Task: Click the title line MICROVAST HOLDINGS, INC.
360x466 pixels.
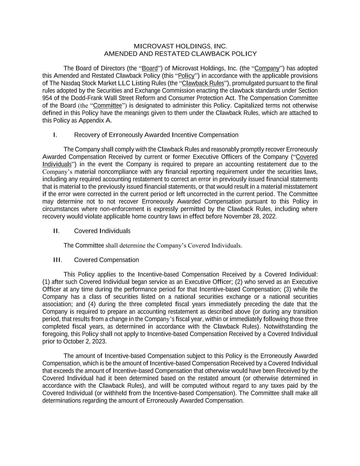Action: tap(180, 46)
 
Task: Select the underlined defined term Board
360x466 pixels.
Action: tap(150, 68)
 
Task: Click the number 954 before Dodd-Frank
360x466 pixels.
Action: tap(47, 98)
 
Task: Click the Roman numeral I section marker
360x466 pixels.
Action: tap(55, 135)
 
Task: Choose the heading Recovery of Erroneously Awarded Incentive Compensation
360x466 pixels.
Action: tap(156, 135)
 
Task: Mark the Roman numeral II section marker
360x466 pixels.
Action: tap(56, 231)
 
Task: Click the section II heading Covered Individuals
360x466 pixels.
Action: tap(102, 231)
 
